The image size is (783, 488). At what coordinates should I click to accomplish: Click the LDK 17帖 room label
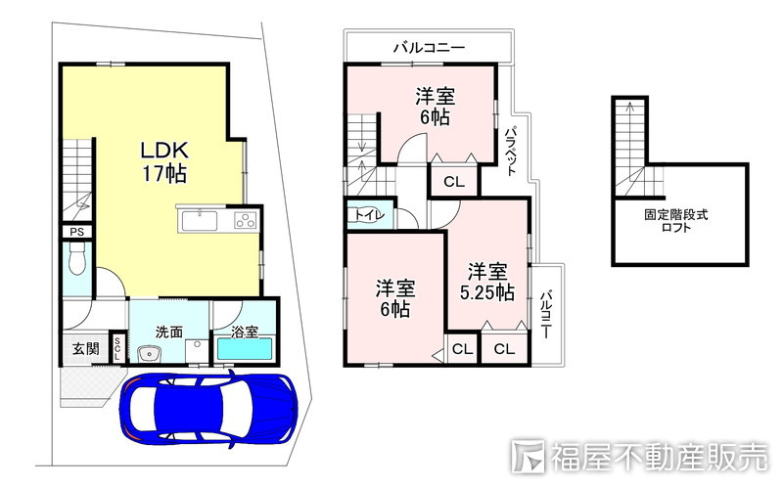[x=163, y=162]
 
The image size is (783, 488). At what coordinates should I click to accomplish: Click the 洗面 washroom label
[x=169, y=332]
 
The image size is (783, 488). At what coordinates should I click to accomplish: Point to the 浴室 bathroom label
[x=245, y=332]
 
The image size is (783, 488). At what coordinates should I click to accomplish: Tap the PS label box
[x=75, y=231]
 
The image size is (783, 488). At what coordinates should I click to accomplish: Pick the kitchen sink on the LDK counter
[x=201, y=220]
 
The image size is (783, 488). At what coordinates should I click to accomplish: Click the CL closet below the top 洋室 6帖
[x=453, y=181]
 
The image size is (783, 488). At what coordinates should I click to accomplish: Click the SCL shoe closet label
[x=117, y=348]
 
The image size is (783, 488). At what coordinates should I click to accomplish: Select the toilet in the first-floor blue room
[x=78, y=262]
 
